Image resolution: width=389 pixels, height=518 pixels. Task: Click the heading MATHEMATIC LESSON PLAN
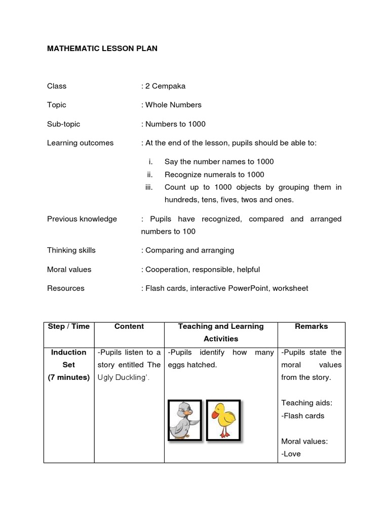coord(102,49)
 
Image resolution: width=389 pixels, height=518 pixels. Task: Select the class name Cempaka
coord(169,86)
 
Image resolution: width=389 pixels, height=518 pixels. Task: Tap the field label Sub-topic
coord(64,124)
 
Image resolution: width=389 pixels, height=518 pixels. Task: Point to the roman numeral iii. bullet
coord(148,187)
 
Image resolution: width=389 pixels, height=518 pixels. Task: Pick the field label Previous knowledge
coord(82,219)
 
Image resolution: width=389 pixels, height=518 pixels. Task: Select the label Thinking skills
coord(71,250)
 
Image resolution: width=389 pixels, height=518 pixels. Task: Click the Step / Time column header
coord(69,327)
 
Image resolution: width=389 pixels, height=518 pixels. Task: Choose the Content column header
coord(129,327)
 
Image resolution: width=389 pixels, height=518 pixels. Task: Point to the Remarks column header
coord(312,327)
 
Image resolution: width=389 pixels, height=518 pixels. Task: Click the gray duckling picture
coord(184,420)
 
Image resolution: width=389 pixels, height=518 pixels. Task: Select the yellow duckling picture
coord(223,420)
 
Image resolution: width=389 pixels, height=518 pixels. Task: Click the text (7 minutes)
coord(69,377)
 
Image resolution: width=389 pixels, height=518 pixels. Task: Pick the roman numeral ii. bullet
coord(149,175)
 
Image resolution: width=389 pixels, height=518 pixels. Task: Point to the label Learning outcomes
coord(81,143)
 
